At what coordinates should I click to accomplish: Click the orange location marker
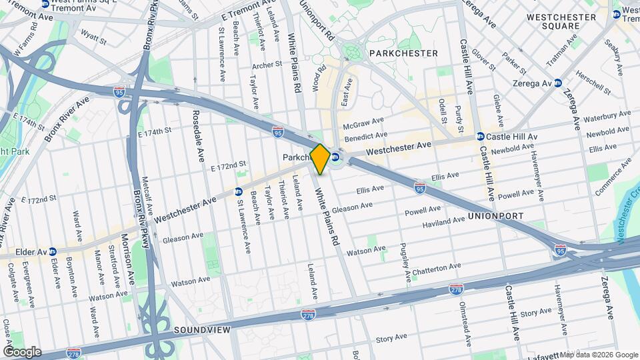[x=319, y=159]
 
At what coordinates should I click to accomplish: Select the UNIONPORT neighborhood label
[x=495, y=216]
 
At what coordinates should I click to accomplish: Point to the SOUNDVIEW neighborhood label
[x=201, y=330]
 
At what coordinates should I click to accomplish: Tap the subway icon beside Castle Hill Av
[x=479, y=137]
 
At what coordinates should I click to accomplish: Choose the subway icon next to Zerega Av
[x=558, y=83]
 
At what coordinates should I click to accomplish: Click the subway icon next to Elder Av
[x=52, y=252]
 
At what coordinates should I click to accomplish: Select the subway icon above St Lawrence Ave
[x=238, y=192]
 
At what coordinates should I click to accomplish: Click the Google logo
[x=22, y=351]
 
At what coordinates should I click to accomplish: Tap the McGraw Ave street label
[x=363, y=124]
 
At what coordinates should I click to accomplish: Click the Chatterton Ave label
[x=436, y=267]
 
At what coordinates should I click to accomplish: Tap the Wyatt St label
[x=93, y=41]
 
